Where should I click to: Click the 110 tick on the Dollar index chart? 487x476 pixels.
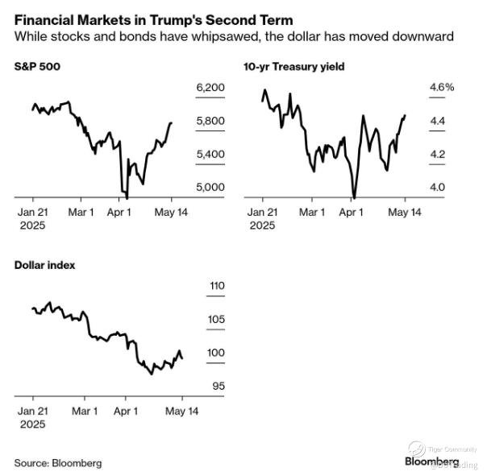click(194, 286)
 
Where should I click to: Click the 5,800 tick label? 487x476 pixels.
click(210, 121)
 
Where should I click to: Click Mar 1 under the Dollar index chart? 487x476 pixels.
click(84, 411)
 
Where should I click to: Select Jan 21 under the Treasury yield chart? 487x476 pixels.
click(263, 213)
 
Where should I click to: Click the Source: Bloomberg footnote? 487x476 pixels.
click(58, 463)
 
